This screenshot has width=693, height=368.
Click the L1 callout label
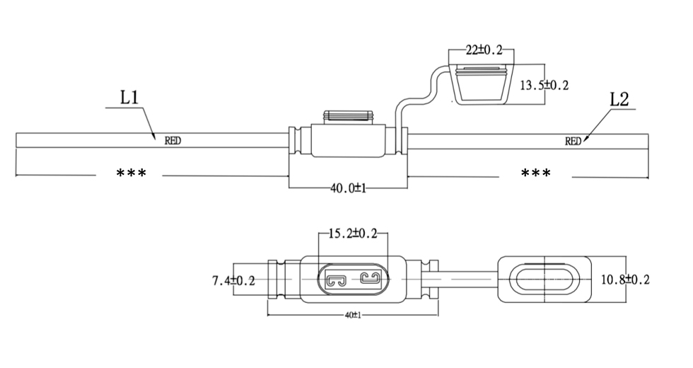(129, 98)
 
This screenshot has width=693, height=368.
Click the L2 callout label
(619, 99)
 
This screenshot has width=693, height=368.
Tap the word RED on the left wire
(173, 140)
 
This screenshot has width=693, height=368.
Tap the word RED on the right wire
(573, 141)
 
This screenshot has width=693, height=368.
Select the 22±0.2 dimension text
(484, 50)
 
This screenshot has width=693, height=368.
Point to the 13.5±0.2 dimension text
(544, 86)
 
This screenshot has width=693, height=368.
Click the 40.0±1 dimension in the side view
(347, 188)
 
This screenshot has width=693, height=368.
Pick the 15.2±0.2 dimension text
(354, 234)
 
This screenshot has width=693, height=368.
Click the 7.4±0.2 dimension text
(233, 281)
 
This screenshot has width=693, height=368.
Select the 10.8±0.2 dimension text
(624, 280)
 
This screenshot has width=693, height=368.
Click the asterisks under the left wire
(131, 173)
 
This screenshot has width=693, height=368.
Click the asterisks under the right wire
(535, 173)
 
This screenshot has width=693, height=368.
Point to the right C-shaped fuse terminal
(370, 277)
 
